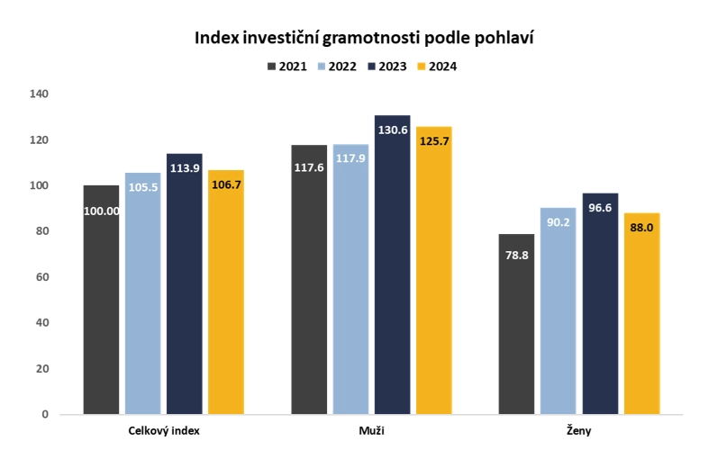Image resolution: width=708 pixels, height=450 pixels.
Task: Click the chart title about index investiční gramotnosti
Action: [x=359, y=38]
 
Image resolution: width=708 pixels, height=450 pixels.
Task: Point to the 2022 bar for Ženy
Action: [x=558, y=310]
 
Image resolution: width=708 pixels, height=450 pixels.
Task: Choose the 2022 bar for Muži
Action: [x=350, y=279]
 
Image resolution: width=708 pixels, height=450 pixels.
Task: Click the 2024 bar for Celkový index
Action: [x=225, y=292]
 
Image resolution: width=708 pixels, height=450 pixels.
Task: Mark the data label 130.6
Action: [x=392, y=130]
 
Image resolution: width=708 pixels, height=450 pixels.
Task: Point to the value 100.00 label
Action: [x=101, y=213]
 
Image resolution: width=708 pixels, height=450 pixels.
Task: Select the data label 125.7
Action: [x=433, y=140]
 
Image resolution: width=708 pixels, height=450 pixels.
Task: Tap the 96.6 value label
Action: [x=600, y=208]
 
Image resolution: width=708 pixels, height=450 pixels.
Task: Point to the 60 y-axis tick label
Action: [x=41, y=276]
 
